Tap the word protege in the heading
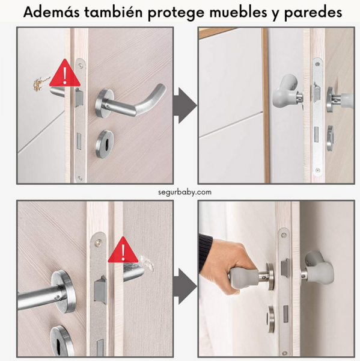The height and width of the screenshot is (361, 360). pyautogui.click(x=176, y=13)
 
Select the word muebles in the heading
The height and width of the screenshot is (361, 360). pyautogui.click(x=239, y=12)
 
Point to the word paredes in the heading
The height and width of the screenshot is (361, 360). pyautogui.click(x=313, y=13)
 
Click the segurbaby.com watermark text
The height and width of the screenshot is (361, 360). pyautogui.click(x=185, y=192)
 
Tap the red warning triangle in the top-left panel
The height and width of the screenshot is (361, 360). pyautogui.click(x=65, y=73)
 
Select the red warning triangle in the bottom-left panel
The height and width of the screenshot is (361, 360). pyautogui.click(x=123, y=250)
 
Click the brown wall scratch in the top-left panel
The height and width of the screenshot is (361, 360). pyautogui.click(x=39, y=84)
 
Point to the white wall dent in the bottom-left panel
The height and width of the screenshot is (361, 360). pyautogui.click(x=148, y=262)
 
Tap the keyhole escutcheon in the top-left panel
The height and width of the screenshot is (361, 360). pyautogui.click(x=105, y=144)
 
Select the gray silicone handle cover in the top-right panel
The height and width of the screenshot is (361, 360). pyautogui.click(x=285, y=91)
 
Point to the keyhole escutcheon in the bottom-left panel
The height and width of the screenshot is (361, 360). pyautogui.click(x=61, y=341)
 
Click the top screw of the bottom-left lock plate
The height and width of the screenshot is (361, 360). pyautogui.click(x=98, y=242)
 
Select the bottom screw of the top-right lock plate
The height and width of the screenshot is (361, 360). pyautogui.click(x=318, y=171)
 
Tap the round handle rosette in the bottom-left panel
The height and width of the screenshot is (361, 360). pyautogui.click(x=63, y=291)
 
